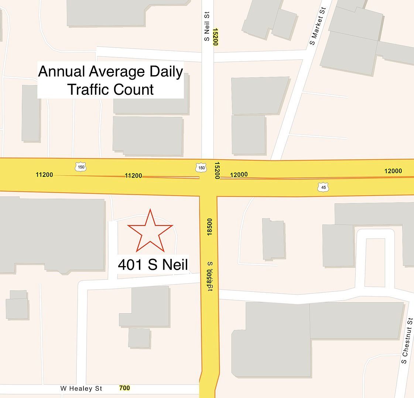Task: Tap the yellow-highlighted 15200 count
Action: coord(215,37)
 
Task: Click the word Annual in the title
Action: coord(62,71)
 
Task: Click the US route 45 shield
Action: coord(323,187)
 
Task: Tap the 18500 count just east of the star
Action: coord(210,227)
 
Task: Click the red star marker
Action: coord(150,231)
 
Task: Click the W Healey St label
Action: coord(81,388)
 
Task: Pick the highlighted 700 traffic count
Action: coord(124,388)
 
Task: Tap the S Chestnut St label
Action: coord(407,341)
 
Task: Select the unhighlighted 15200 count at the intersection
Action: coord(217,170)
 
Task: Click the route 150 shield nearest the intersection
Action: coord(201,168)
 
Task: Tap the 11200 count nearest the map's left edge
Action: coord(44,175)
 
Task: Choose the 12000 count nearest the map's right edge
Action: coord(393,171)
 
